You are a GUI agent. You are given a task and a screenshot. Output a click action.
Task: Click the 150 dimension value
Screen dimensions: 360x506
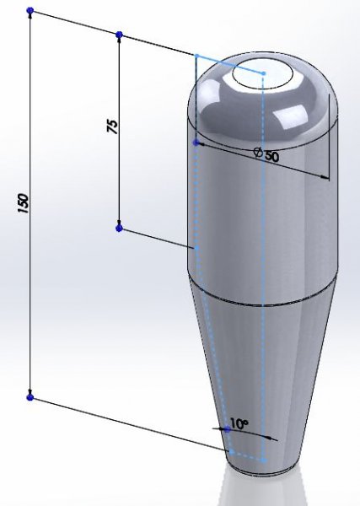(24, 203)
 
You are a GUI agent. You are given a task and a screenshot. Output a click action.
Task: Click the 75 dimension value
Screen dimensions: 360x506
(112, 126)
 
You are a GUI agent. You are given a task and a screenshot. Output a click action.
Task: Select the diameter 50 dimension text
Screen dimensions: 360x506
(266, 155)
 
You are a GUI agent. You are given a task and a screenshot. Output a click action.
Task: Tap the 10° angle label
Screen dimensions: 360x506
(239, 423)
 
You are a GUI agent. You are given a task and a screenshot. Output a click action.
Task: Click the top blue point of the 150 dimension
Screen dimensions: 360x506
(30, 11)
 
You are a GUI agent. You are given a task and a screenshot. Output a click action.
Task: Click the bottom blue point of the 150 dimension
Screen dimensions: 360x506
(30, 397)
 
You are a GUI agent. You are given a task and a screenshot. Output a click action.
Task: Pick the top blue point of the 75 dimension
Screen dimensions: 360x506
(119, 35)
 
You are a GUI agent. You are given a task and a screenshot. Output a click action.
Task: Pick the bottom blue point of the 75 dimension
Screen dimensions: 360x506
(119, 229)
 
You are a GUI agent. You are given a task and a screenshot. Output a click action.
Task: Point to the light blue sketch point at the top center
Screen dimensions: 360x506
(264, 73)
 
